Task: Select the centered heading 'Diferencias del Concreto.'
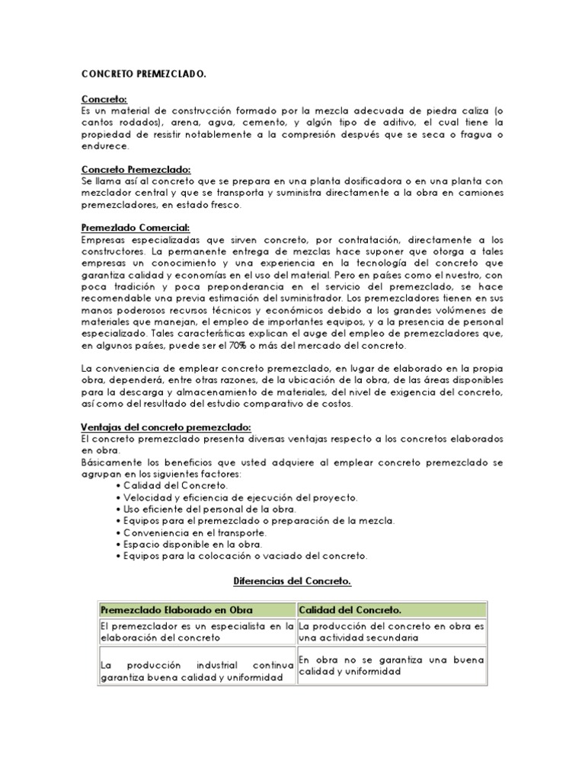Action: click(292, 582)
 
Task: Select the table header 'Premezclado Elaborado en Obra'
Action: click(177, 610)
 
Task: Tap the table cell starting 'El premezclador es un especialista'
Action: click(197, 631)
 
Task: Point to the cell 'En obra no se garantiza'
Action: click(392, 666)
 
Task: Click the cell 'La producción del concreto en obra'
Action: click(392, 631)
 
